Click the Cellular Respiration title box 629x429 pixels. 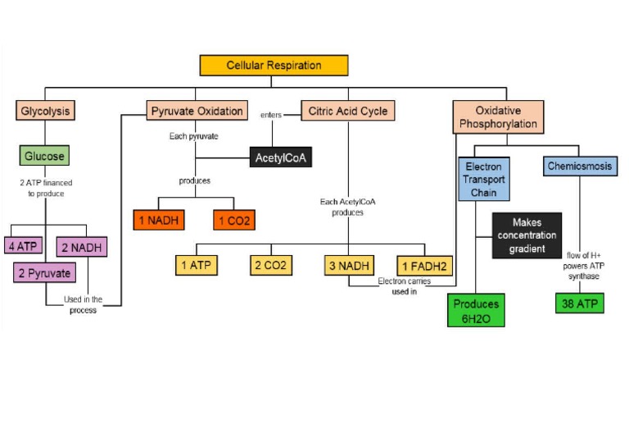(274, 66)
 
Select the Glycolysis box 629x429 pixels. (44, 111)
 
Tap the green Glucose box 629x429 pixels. (44, 155)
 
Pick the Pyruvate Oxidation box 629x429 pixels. (197, 111)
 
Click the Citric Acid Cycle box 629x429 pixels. (348, 111)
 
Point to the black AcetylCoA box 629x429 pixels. (281, 156)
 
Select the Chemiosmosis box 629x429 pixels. (580, 167)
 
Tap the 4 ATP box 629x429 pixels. (25, 245)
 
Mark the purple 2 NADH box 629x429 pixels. (83, 246)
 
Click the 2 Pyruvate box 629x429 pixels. (45, 272)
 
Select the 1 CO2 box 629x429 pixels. (234, 220)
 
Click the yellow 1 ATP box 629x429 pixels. (197, 265)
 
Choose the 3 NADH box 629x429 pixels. (348, 265)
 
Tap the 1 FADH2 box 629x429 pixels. (424, 265)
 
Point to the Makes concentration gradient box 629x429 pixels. (527, 235)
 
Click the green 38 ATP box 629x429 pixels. (579, 303)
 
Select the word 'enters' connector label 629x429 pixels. (271, 116)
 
